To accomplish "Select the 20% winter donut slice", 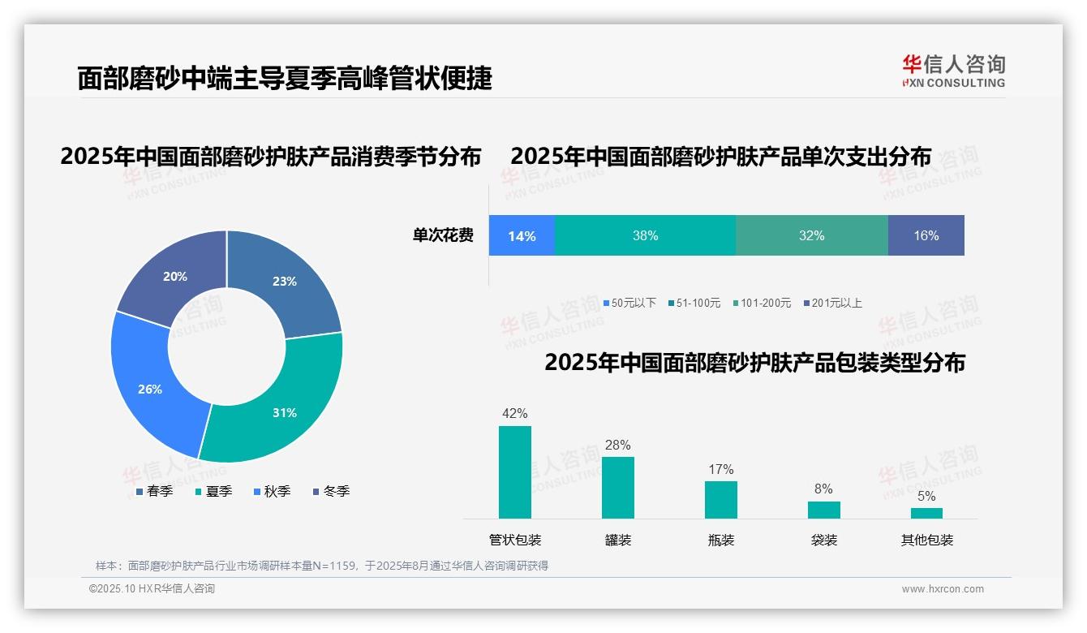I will (x=174, y=276).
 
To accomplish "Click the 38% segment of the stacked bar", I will (x=645, y=235).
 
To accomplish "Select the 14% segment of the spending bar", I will (x=522, y=235).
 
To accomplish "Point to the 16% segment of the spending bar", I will (x=926, y=235).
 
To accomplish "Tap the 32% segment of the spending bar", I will (x=811, y=235).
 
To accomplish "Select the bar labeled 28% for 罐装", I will (x=618, y=487).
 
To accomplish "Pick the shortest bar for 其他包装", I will (x=926, y=513).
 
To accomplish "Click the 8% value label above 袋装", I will (x=823, y=489).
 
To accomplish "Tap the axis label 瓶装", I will (x=721, y=540).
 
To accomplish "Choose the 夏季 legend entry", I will (x=218, y=491).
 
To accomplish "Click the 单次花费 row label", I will (x=443, y=235).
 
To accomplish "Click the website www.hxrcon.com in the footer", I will (x=943, y=588).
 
